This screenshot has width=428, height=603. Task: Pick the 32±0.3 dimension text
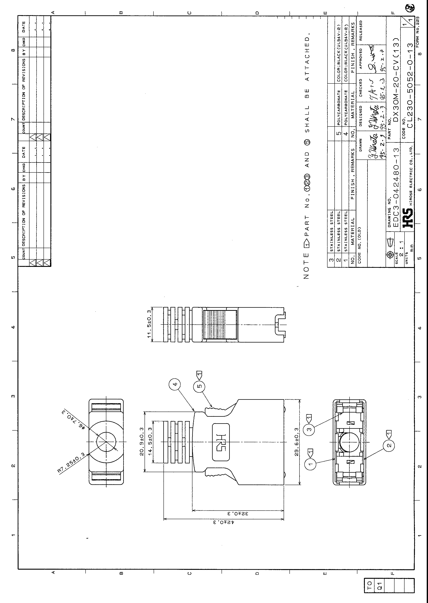tap(238, 513)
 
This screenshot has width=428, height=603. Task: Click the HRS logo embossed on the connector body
tap(221, 442)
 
